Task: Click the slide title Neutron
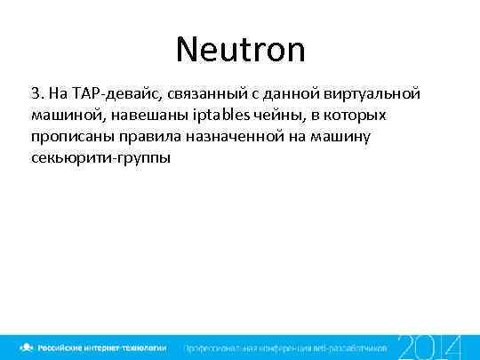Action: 240,49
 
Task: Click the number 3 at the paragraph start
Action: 35,93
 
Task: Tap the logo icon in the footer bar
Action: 28,346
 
